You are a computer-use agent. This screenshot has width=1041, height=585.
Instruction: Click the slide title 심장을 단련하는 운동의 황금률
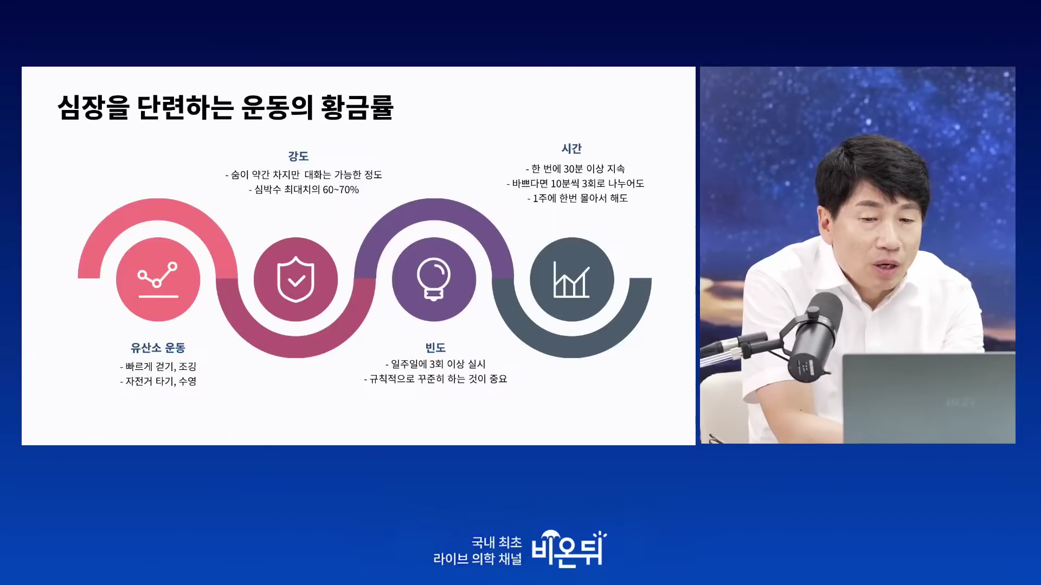[226, 107]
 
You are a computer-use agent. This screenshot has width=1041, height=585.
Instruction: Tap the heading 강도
[298, 156]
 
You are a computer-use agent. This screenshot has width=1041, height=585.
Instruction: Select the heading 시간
[571, 148]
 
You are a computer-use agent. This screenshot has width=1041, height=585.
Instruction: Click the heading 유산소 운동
[158, 348]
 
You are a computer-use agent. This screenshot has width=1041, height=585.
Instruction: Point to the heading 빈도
[435, 348]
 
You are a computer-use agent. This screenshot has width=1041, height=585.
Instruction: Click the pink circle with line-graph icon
[158, 279]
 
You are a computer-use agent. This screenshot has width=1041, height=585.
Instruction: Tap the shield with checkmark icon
[295, 279]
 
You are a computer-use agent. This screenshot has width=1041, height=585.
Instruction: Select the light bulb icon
[434, 279]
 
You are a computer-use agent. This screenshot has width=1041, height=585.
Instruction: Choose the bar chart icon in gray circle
[571, 279]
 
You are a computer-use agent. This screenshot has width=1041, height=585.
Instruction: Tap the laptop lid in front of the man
[928, 398]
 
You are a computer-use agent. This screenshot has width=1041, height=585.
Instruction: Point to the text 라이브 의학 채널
[477, 559]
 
